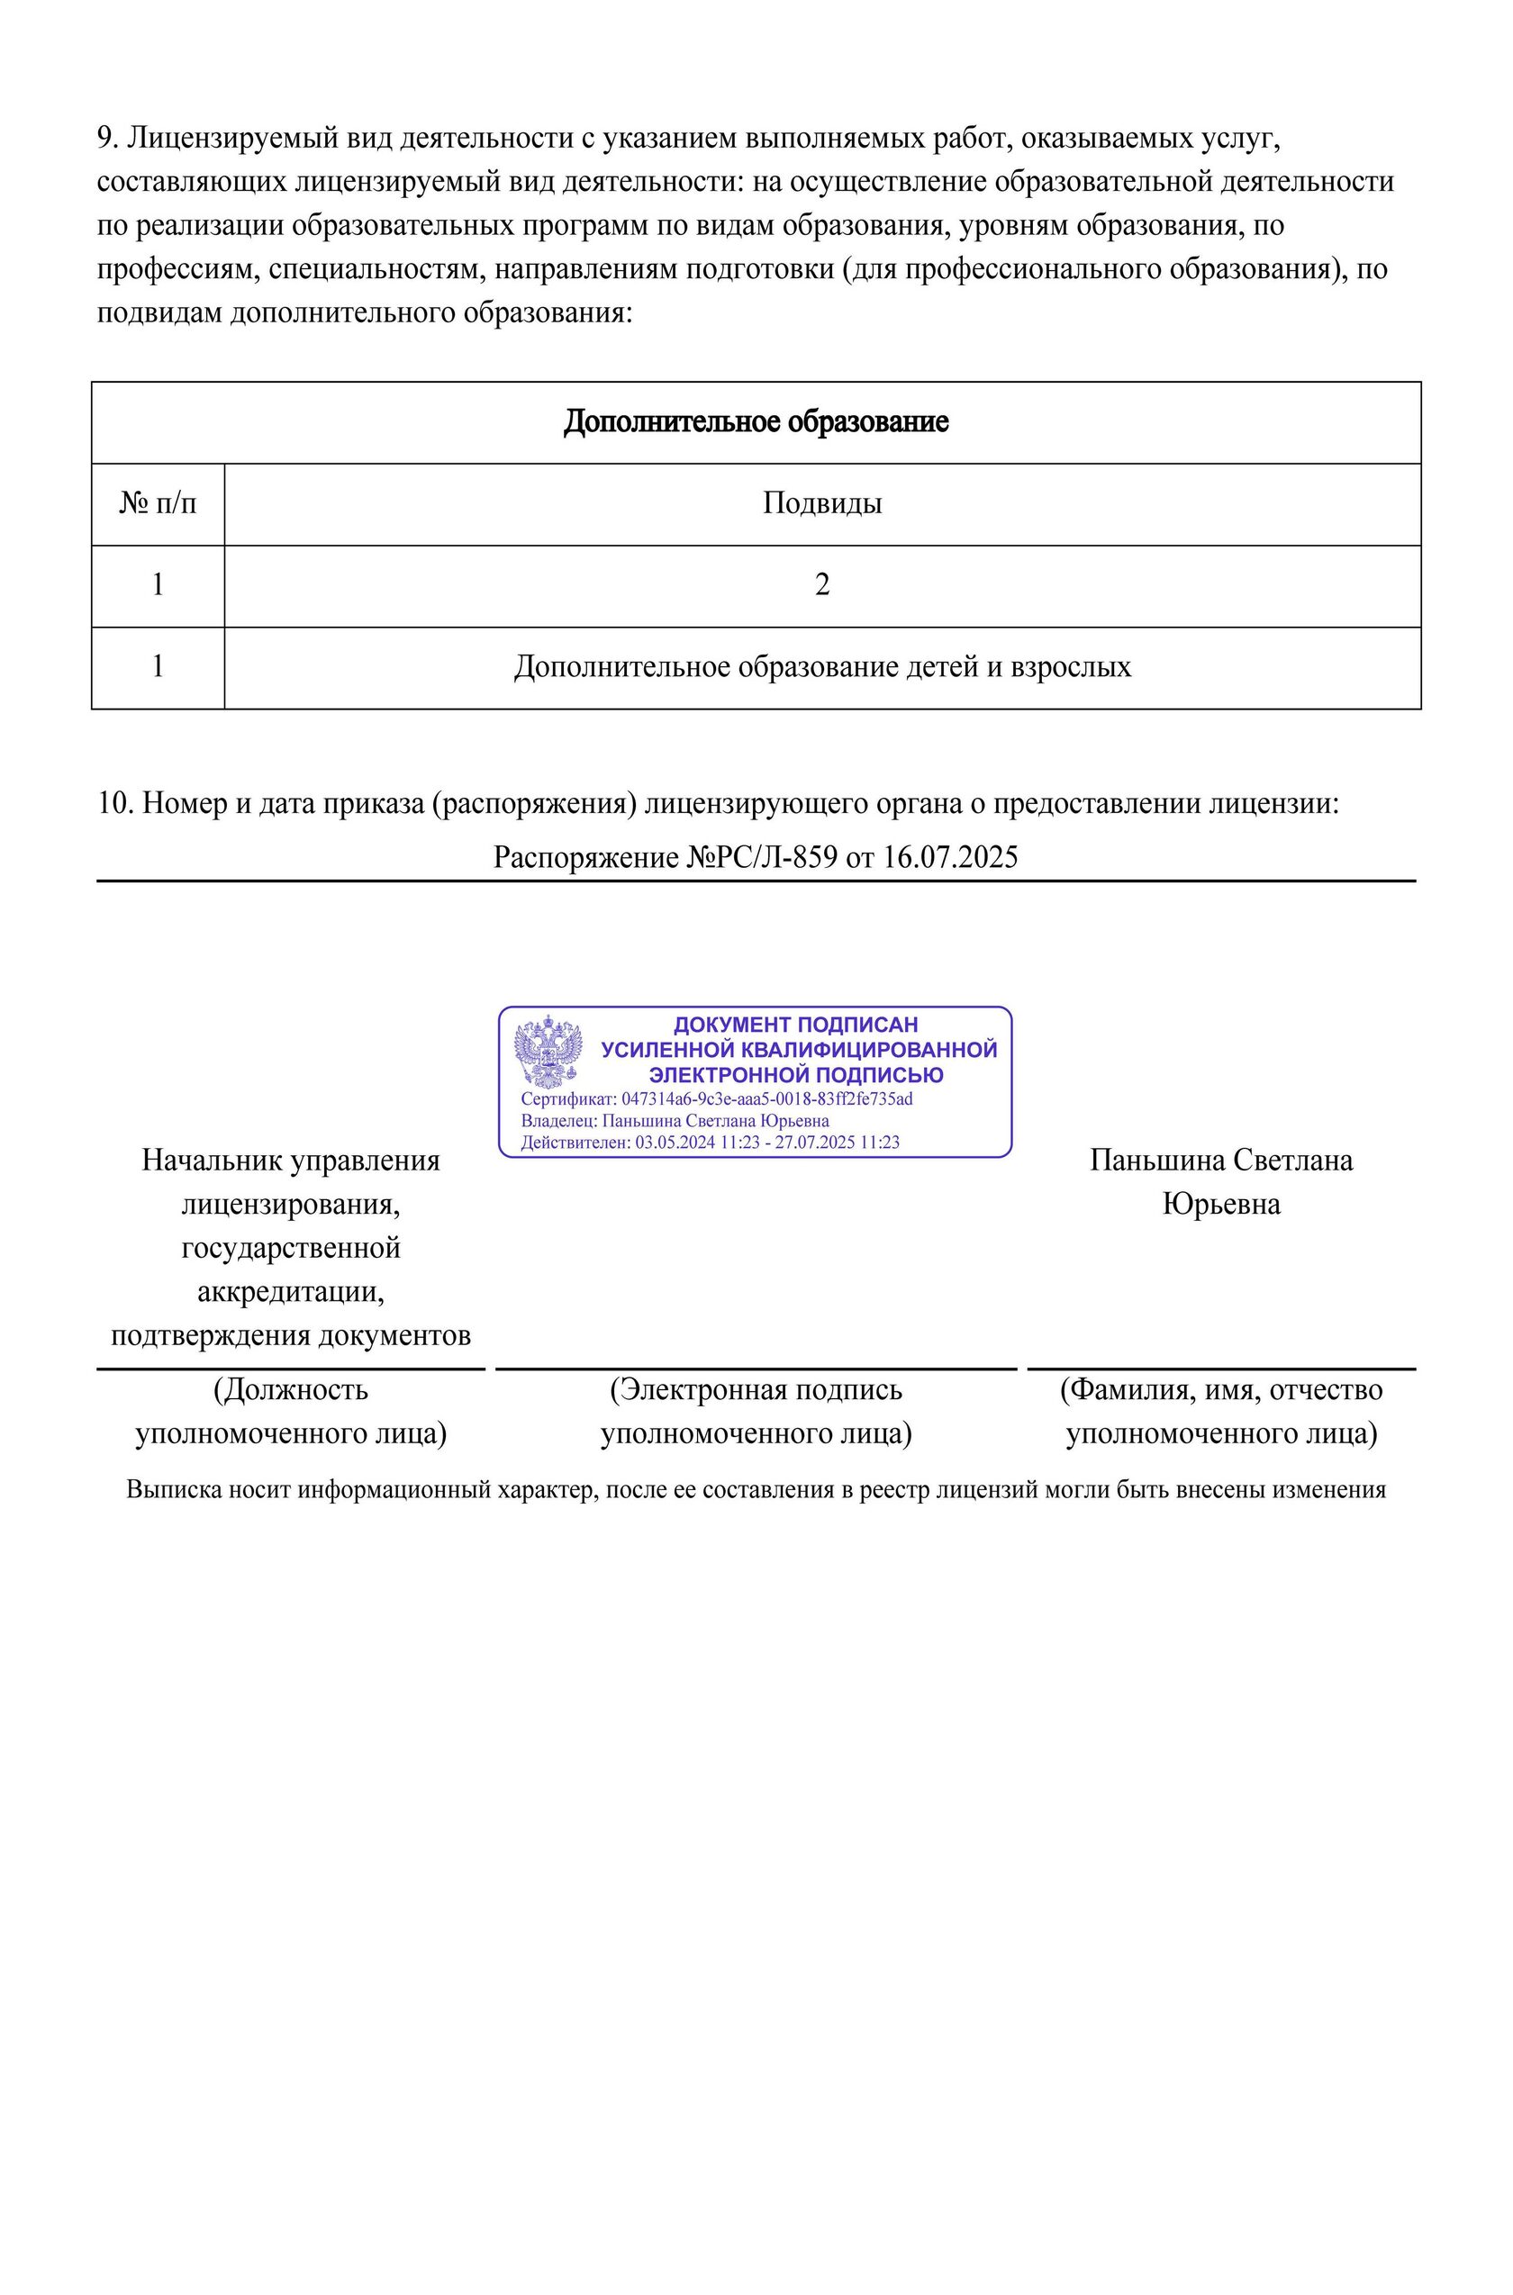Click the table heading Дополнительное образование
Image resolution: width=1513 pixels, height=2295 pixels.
756,421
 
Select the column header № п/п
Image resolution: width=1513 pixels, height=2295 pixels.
158,502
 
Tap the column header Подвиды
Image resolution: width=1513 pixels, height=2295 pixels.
822,502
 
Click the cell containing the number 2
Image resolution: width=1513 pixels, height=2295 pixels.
822,584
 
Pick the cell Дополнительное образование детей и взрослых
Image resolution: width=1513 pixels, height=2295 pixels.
822,666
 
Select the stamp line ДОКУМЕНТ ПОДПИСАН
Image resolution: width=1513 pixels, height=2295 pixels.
795,1025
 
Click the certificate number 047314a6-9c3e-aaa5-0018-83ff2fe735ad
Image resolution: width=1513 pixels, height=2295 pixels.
767,1098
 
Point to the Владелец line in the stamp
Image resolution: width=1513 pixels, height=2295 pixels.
675,1121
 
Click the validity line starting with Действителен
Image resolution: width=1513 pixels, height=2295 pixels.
711,1143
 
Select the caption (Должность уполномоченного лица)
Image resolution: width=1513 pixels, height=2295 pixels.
290,1412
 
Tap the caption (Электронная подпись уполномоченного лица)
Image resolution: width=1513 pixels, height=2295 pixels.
756,1412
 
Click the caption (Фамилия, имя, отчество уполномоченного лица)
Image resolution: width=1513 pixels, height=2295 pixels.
1221,1412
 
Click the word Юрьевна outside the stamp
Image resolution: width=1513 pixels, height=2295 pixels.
1221,1204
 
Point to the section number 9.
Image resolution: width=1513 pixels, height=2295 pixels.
106,139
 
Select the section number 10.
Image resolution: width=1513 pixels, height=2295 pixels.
115,804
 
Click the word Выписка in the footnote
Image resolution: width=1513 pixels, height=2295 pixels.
160,1489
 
